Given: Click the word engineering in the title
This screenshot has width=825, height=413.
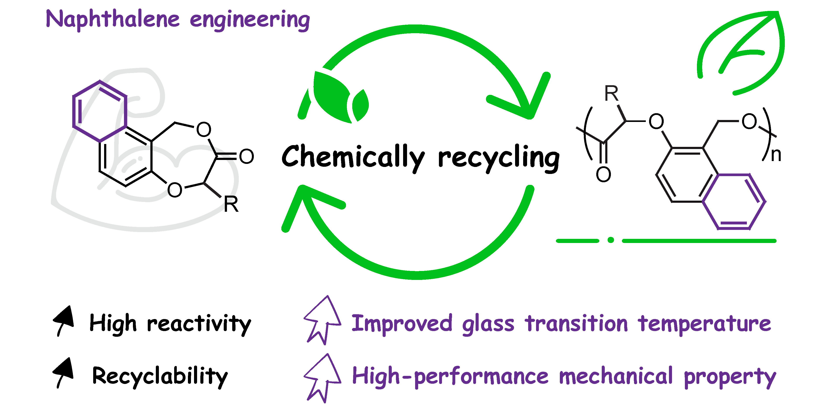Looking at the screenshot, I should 250,20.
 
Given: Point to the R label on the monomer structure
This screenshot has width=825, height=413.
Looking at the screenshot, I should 231,204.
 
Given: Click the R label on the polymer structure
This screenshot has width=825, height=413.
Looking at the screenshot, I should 611,94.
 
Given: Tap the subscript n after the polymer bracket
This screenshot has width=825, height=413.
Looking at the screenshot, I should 776,155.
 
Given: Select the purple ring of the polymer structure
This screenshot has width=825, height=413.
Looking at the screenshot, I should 734,202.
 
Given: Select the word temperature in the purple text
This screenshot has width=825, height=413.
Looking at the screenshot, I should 704,324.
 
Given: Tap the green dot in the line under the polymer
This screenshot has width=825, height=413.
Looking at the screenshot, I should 611,240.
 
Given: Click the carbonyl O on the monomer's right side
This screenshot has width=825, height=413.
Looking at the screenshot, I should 246,156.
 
